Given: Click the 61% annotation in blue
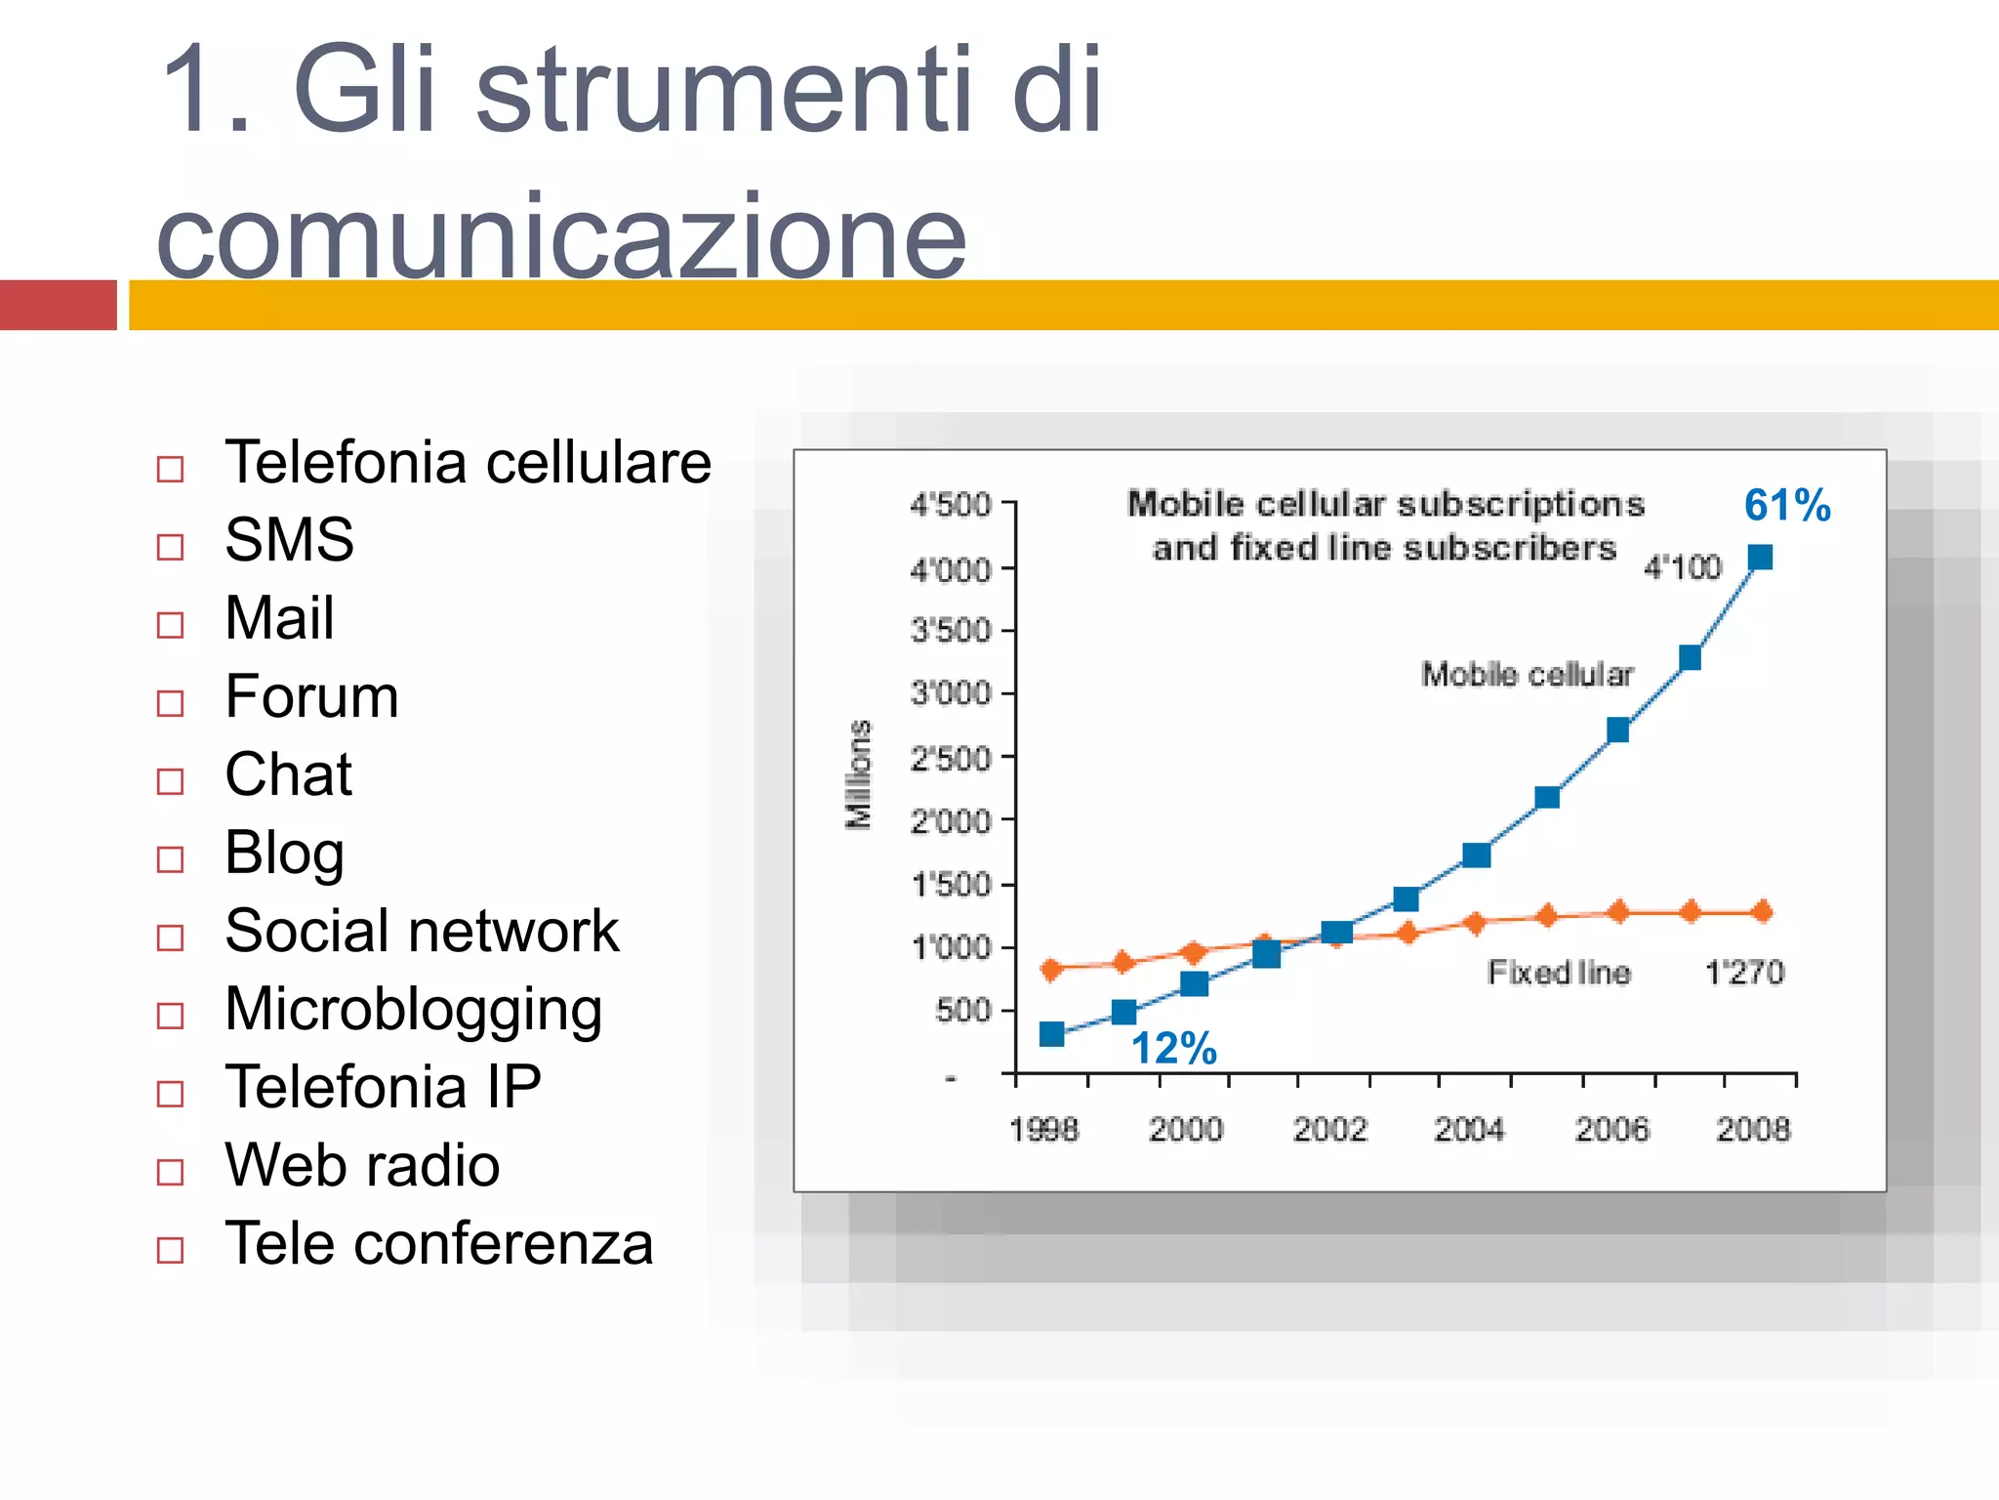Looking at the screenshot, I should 1786,505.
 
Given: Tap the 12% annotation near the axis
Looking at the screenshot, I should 1173,1049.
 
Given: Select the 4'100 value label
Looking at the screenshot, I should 1682,567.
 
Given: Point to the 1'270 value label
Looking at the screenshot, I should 1743,973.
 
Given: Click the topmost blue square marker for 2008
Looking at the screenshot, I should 1760,558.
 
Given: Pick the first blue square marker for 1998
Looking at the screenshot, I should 1051,1034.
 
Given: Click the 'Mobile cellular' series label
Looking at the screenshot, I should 1527,674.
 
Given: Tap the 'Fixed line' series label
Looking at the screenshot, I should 1558,973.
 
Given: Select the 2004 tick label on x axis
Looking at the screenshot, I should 1469,1130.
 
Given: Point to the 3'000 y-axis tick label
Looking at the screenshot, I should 950,694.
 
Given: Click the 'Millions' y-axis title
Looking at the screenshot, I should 858,774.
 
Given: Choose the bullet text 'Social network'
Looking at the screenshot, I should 422,931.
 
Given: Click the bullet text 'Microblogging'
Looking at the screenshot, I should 413,1009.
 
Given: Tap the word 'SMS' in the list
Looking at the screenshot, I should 289,539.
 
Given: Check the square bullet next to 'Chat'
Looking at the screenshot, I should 170,781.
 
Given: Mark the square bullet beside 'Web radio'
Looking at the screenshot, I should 170,1172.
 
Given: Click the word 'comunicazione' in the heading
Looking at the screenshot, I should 561,236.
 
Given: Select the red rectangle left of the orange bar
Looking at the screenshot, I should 58,305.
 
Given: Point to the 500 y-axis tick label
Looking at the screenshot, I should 961,1011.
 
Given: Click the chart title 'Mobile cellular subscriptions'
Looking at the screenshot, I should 1385,504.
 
